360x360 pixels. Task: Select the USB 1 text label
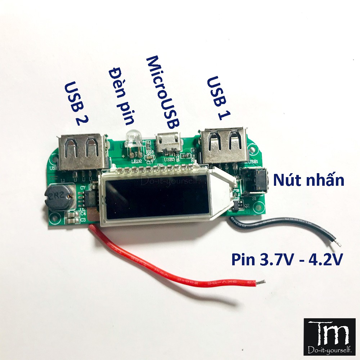pyautogui.click(x=219, y=96)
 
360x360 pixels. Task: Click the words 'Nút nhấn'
pyautogui.click(x=309, y=180)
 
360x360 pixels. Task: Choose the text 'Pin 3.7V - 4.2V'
pyautogui.click(x=286, y=259)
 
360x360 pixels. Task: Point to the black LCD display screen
pyautogui.click(x=155, y=197)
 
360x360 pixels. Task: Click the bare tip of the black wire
pyautogui.click(x=338, y=244)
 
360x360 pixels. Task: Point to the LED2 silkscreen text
pyautogui.click(x=136, y=162)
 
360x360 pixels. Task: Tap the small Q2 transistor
pyautogui.click(x=238, y=205)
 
